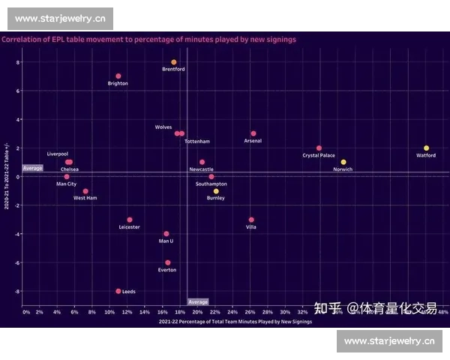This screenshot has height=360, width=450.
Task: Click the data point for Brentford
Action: point(174,62)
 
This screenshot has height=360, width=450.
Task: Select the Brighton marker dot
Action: point(118,76)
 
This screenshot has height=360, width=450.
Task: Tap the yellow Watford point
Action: point(426,148)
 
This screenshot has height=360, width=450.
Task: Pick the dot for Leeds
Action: point(118,291)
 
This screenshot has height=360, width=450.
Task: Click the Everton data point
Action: point(167,262)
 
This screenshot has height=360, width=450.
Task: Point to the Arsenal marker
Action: point(253,133)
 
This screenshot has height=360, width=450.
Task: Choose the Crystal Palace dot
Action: point(319,148)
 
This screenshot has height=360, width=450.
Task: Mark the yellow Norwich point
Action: point(343,162)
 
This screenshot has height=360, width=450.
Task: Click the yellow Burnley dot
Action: point(216,191)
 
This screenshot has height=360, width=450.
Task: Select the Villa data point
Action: point(251,220)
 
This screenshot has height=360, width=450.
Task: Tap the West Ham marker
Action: point(85,191)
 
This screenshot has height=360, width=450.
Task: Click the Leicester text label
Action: point(129,227)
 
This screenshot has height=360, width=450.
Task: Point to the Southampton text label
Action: point(211,184)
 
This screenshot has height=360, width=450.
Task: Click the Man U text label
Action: point(166,241)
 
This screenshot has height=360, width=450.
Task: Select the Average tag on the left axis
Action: point(33,168)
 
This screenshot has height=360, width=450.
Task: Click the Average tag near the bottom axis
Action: point(198,302)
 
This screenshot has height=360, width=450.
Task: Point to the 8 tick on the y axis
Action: point(18,62)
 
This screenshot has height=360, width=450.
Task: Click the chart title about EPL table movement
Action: point(148,39)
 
